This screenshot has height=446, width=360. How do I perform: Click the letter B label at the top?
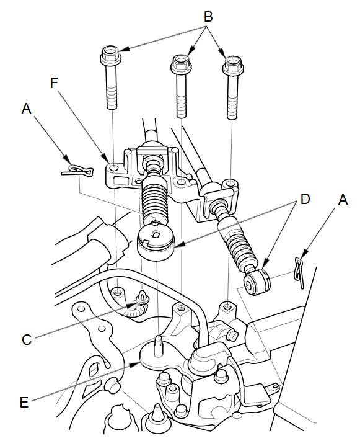click(208, 17)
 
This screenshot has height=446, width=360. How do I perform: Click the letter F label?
click(54, 83)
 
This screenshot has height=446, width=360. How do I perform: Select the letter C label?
click(27, 340)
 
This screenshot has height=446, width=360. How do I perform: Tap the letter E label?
click(24, 403)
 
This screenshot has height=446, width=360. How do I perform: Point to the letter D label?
click(305, 199)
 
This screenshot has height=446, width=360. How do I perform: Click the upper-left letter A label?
click(26, 109)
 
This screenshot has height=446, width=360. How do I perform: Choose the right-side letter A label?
click(343, 200)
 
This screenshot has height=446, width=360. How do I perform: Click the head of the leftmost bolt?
click(110, 55)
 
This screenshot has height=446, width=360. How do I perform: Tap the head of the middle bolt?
click(181, 63)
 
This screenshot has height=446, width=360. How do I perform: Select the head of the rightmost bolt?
click(233, 65)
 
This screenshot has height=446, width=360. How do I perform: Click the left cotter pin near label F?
click(77, 171)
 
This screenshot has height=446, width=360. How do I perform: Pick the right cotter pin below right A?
click(299, 272)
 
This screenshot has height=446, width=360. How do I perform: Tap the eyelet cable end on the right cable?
click(257, 282)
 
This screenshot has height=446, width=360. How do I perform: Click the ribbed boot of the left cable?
click(154, 199)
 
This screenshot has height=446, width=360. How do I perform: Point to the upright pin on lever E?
click(158, 345)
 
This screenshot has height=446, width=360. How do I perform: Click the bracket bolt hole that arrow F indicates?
click(113, 167)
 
